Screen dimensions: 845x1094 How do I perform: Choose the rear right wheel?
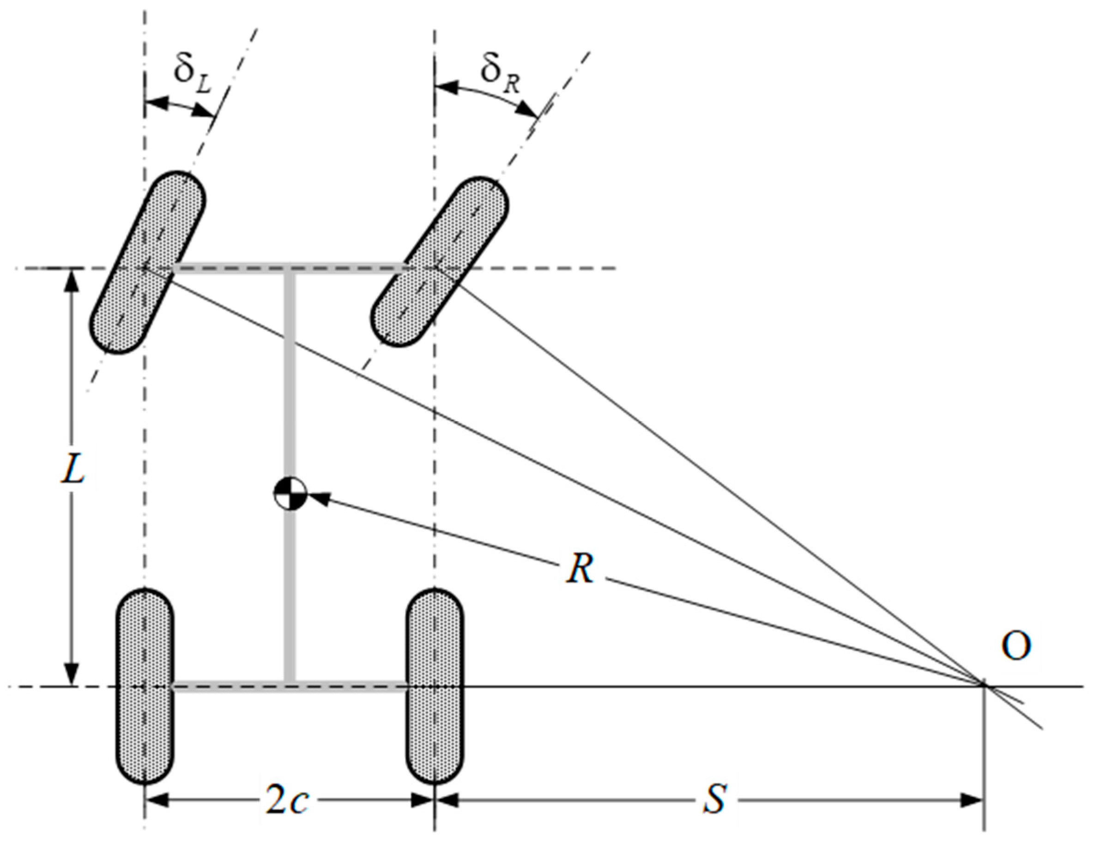pos(434,686)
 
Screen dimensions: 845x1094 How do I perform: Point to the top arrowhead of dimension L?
pos(73,280)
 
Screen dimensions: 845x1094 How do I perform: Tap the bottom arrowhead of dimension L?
pos(73,674)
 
